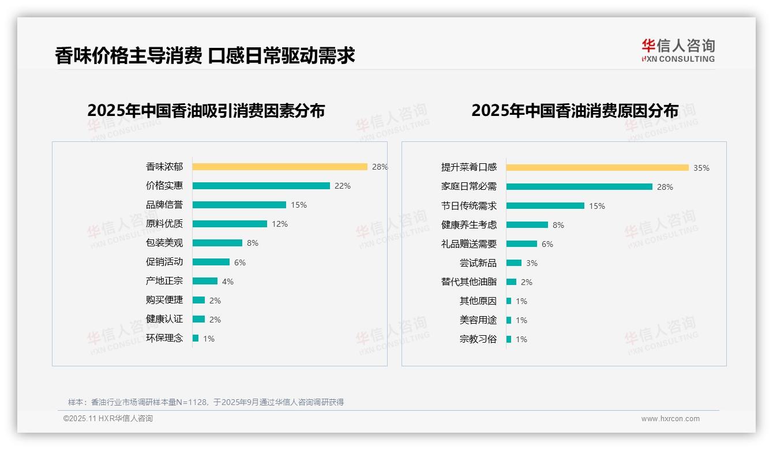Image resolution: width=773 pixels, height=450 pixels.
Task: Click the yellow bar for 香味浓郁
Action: pos(280,167)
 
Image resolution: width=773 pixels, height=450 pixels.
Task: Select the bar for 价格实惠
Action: pos(261,186)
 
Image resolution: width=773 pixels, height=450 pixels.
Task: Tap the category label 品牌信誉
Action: pos(164,205)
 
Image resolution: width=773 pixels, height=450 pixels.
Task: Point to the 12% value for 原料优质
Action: pos(280,224)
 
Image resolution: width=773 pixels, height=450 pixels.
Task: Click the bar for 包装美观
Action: pos(217,243)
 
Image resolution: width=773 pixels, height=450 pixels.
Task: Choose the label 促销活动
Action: pos(164,262)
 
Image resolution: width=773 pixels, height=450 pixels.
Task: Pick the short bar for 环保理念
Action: pos(196,338)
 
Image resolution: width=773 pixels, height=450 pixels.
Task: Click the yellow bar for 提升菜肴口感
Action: pos(598,167)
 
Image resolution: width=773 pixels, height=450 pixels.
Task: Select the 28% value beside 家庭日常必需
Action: pos(665,187)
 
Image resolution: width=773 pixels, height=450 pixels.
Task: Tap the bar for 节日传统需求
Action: pos(545,205)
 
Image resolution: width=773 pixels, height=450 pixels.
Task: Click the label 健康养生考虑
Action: pos(468,224)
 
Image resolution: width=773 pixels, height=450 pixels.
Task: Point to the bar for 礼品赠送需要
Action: pos(521,243)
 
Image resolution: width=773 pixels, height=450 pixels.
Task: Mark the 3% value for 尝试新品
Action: pos(531,263)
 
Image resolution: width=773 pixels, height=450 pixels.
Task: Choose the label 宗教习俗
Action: pos(478,339)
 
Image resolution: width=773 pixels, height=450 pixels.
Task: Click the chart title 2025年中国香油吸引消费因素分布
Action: pos(206,111)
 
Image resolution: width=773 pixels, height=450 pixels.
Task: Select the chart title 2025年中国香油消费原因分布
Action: pos(575,111)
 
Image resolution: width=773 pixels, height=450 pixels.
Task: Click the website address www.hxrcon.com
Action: pos(670,419)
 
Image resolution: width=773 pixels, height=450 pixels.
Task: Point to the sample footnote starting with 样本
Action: pos(206,402)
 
